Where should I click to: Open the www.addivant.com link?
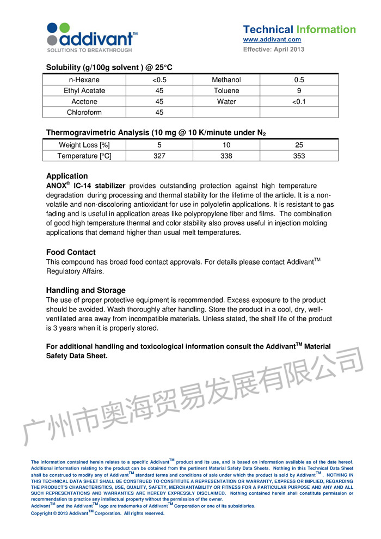(x=272, y=40)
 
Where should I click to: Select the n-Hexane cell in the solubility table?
(x=84, y=79)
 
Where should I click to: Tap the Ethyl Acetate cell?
(x=84, y=90)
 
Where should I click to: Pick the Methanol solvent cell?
(x=226, y=79)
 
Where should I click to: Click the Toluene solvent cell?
(x=226, y=90)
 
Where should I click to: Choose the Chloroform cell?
(x=84, y=112)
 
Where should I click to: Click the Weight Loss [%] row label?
(x=84, y=145)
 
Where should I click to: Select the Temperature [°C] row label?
(x=84, y=156)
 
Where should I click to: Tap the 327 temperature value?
(x=159, y=156)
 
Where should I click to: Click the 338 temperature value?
(x=226, y=156)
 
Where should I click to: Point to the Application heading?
(x=67, y=176)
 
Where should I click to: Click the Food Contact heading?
(x=71, y=252)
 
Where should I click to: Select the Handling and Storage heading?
(x=86, y=290)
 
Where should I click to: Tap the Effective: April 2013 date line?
(x=273, y=49)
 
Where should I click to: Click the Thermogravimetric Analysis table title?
(x=156, y=132)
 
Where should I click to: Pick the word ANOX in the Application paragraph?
(x=57, y=186)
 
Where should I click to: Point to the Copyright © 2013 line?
(x=97, y=513)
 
